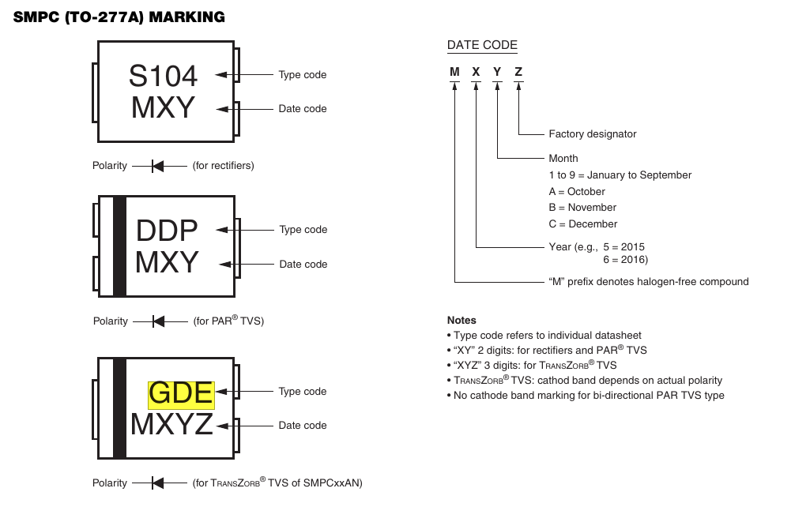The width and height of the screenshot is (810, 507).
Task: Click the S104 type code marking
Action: point(163,76)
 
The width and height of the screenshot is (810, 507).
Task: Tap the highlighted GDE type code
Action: point(181,393)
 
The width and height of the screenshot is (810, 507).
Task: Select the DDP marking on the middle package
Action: point(167,231)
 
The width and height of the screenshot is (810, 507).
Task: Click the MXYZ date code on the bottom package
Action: point(171,425)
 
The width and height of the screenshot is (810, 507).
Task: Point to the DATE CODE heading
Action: point(482,45)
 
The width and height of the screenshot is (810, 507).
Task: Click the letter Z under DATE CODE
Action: point(518,72)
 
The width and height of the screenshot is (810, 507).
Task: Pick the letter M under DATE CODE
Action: point(454,72)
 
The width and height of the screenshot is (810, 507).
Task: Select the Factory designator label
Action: point(592,134)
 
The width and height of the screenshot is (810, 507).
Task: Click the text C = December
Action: point(582,224)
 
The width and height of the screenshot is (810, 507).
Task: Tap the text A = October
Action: point(577,192)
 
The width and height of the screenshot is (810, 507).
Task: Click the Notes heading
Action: point(462,321)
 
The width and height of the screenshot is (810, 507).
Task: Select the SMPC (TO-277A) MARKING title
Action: point(119,17)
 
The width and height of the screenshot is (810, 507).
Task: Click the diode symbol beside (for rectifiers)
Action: point(157,166)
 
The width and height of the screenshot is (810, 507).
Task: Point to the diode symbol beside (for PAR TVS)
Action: point(158,321)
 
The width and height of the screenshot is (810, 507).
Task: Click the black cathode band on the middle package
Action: point(119,246)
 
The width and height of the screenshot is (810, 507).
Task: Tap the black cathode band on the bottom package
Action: point(119,408)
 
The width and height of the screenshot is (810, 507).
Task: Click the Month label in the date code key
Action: point(563,158)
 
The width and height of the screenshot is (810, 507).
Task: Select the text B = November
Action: point(582,208)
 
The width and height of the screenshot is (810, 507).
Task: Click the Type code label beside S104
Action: point(302,75)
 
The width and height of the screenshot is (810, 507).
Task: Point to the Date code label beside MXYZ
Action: point(302,426)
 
